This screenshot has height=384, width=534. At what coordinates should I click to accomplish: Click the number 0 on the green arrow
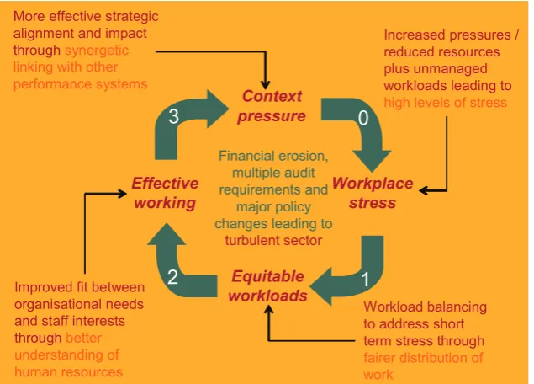click(363, 118)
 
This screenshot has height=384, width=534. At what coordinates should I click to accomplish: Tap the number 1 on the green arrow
click(365, 280)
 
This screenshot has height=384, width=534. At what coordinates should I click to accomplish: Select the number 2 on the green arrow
click(172, 277)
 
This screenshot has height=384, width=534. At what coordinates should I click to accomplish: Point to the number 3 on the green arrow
click(174, 117)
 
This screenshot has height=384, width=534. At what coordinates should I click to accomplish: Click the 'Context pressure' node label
click(272, 106)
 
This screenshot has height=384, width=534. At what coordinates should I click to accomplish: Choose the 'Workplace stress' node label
click(373, 193)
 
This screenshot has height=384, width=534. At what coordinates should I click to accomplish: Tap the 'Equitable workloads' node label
click(268, 285)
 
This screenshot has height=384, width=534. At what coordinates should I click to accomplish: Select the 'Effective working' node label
click(165, 193)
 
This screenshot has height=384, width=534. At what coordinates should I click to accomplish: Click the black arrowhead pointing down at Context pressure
click(265, 85)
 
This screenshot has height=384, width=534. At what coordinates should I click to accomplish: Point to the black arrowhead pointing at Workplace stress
click(423, 190)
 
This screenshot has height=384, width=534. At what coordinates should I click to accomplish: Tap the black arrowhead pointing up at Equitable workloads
click(269, 310)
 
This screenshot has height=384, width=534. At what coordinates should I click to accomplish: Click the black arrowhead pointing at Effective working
click(122, 194)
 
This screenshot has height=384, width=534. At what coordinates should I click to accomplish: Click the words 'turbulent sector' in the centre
click(273, 241)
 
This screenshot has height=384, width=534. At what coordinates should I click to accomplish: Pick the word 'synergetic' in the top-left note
click(97, 51)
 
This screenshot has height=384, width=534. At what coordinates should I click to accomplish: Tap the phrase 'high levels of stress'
click(446, 102)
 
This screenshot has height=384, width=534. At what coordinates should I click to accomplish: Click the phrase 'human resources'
click(68, 371)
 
